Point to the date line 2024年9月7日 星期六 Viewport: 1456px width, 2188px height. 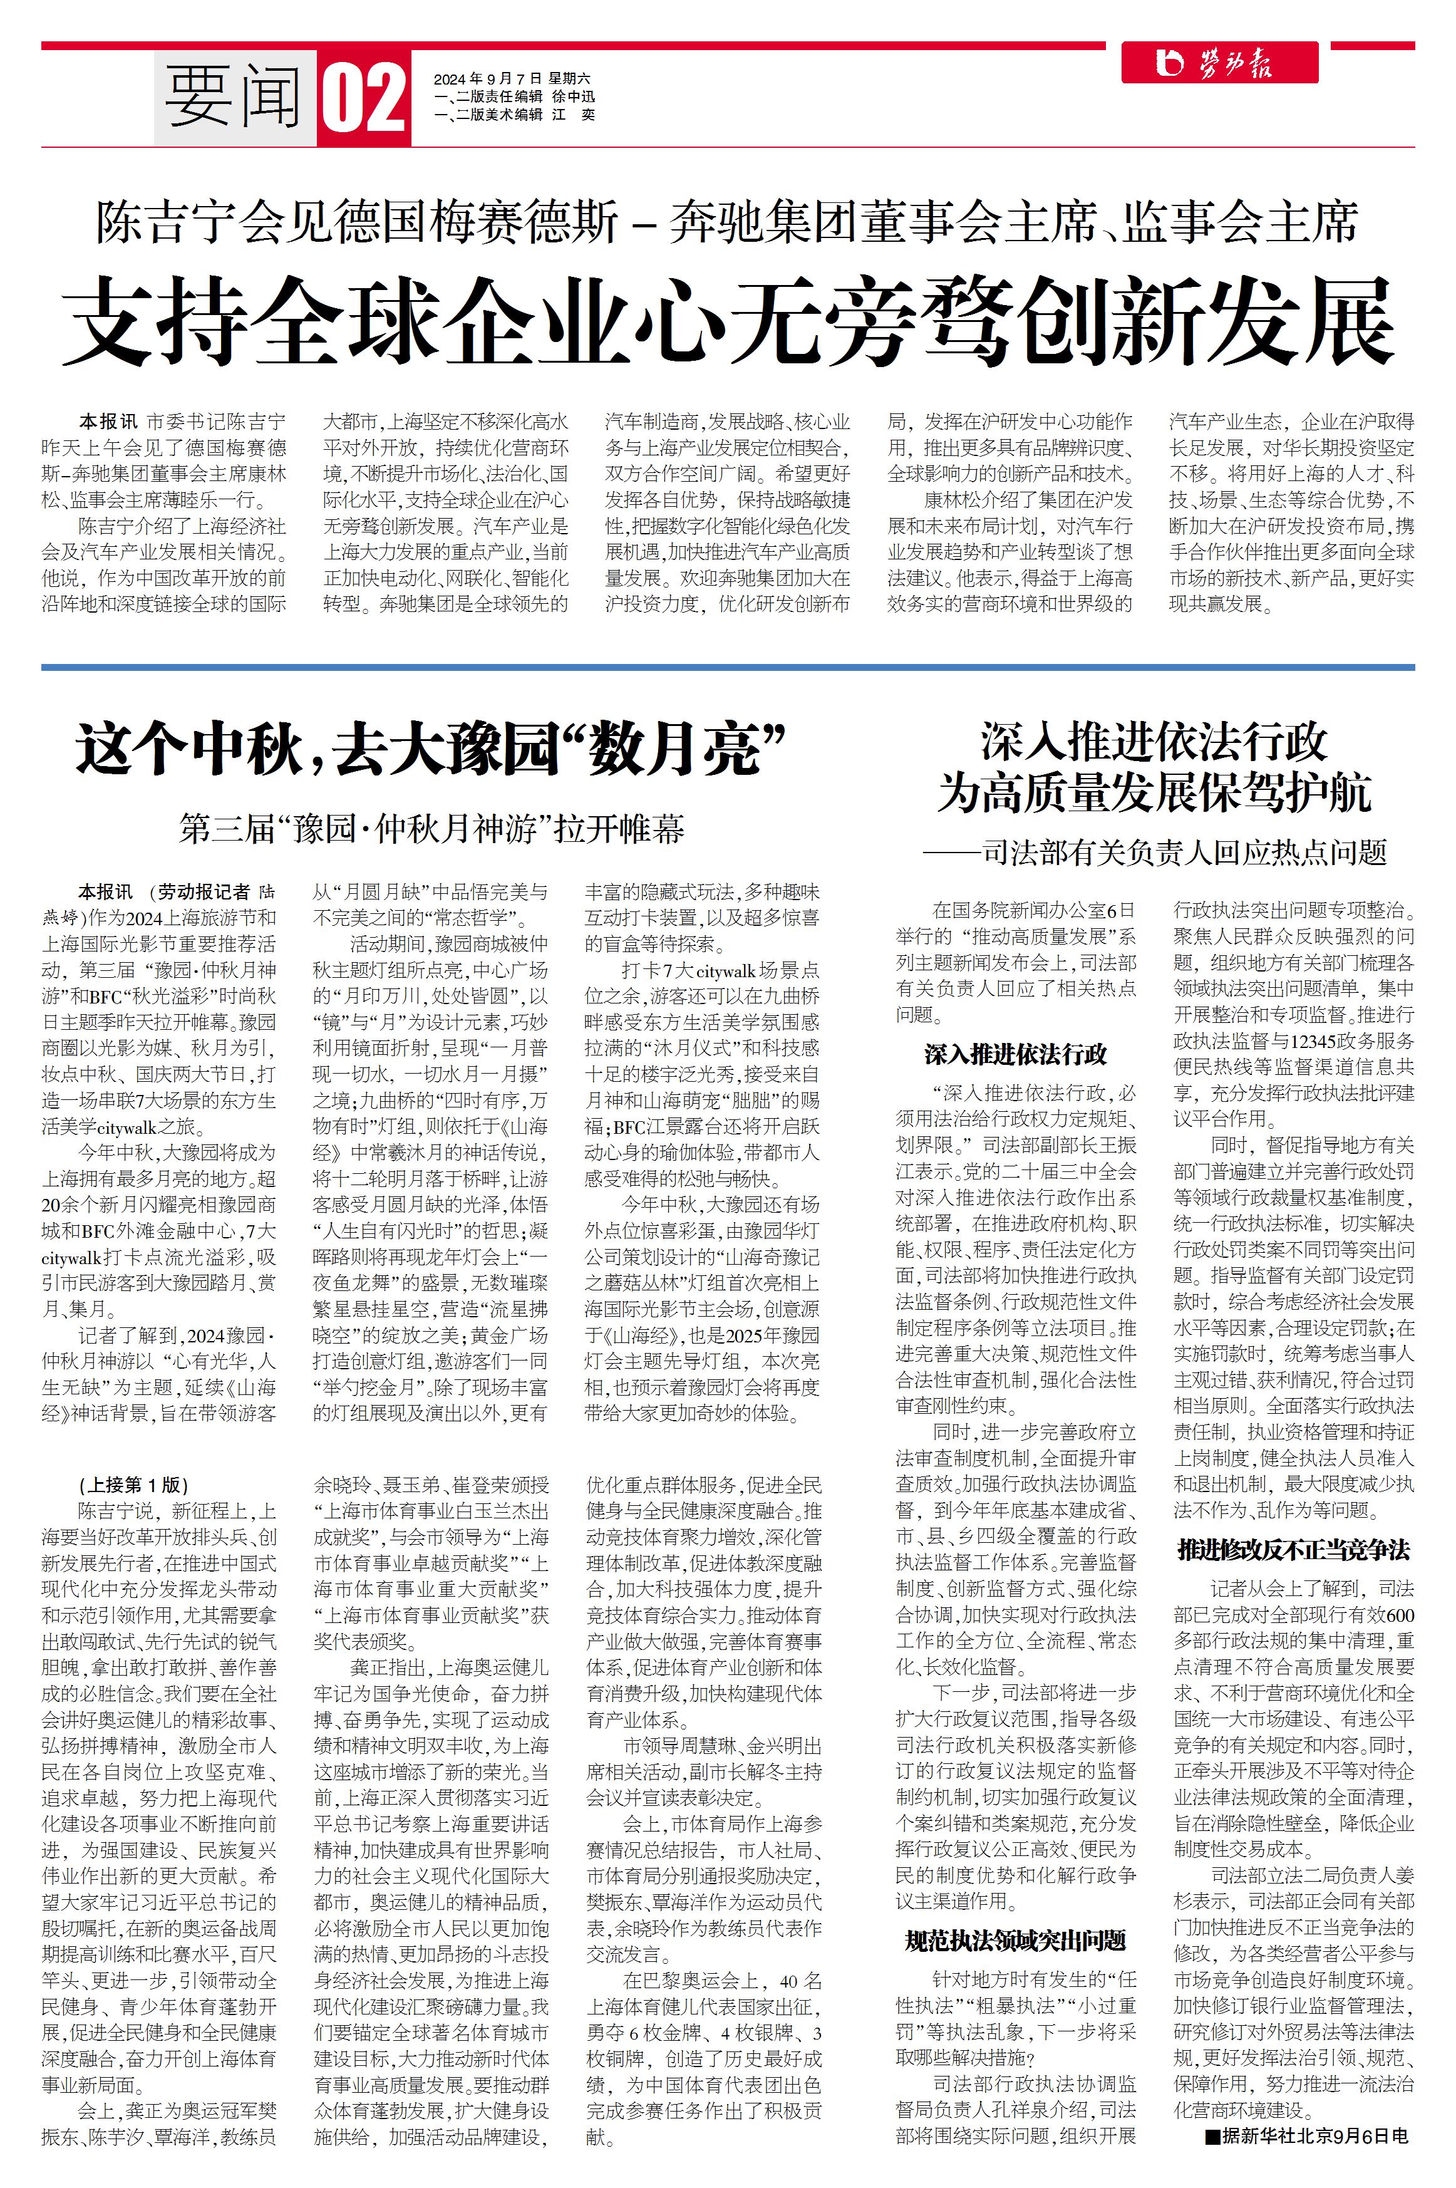pos(512,79)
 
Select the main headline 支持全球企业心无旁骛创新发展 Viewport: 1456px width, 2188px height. pos(728,320)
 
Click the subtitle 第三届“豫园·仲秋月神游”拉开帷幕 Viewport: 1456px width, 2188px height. pos(431,828)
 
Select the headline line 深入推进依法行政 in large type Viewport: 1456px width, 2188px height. pos(1154,743)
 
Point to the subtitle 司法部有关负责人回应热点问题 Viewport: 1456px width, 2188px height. pos(1154,852)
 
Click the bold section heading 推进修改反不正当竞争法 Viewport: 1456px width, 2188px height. pos(1294,1550)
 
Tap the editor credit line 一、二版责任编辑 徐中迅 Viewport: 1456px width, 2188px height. pos(514,96)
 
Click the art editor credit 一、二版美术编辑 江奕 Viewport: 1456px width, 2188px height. pos(514,114)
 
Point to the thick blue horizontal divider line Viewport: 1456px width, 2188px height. pos(728,667)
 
